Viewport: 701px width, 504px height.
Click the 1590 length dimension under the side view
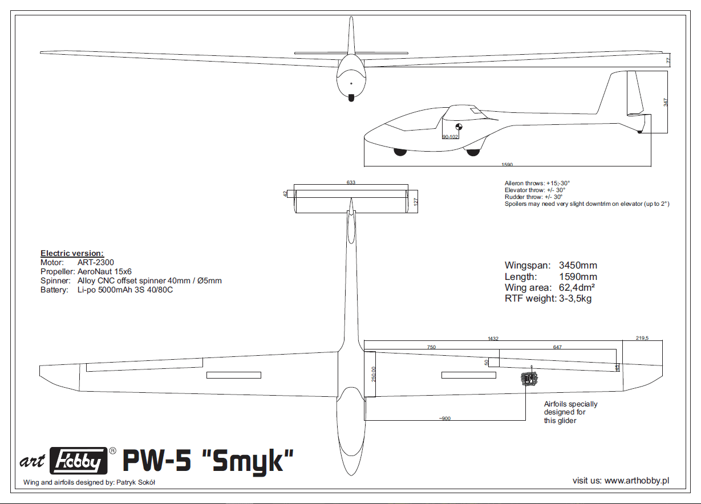pyautogui.click(x=507, y=165)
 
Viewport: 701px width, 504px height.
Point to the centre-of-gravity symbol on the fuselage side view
pyautogui.click(x=457, y=128)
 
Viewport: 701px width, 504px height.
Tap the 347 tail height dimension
pyautogui.click(x=665, y=102)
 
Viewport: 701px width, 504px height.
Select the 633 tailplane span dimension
pyautogui.click(x=351, y=182)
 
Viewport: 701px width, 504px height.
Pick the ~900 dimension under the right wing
pyautogui.click(x=445, y=418)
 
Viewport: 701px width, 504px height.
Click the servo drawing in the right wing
pyautogui.click(x=529, y=378)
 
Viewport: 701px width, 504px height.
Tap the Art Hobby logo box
pyautogui.click(x=79, y=460)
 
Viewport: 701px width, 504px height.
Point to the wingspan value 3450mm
pyautogui.click(x=578, y=266)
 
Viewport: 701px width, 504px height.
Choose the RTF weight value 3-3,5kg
pyautogui.click(x=575, y=298)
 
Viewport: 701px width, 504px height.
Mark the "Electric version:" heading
pyautogui.click(x=72, y=253)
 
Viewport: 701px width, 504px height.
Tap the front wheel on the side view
pyautogui.click(x=400, y=152)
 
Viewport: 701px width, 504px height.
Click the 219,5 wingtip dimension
pyautogui.click(x=642, y=338)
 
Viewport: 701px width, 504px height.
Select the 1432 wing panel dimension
pyautogui.click(x=493, y=338)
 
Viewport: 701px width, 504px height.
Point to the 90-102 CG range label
pyautogui.click(x=450, y=137)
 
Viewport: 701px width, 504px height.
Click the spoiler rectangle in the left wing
pyautogui.click(x=233, y=375)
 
